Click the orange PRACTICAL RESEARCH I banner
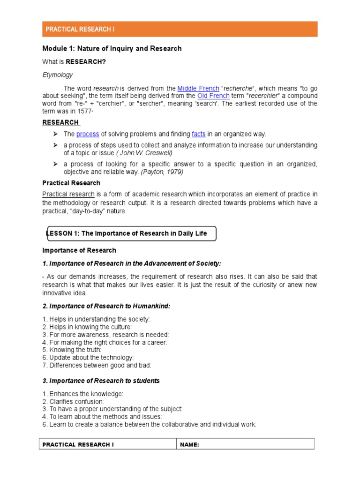[180, 29]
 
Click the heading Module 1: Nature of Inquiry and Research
[112, 48]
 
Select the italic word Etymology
[57, 75]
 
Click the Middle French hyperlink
[198, 88]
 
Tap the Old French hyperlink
[213, 96]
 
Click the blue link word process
[88, 134]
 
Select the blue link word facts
[198, 134]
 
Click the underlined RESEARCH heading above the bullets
[61, 122]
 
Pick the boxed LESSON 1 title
[131, 233]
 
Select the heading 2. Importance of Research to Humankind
[106, 306]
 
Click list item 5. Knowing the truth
[72, 350]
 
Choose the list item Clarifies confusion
[73, 402]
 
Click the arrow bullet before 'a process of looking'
[55, 164]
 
